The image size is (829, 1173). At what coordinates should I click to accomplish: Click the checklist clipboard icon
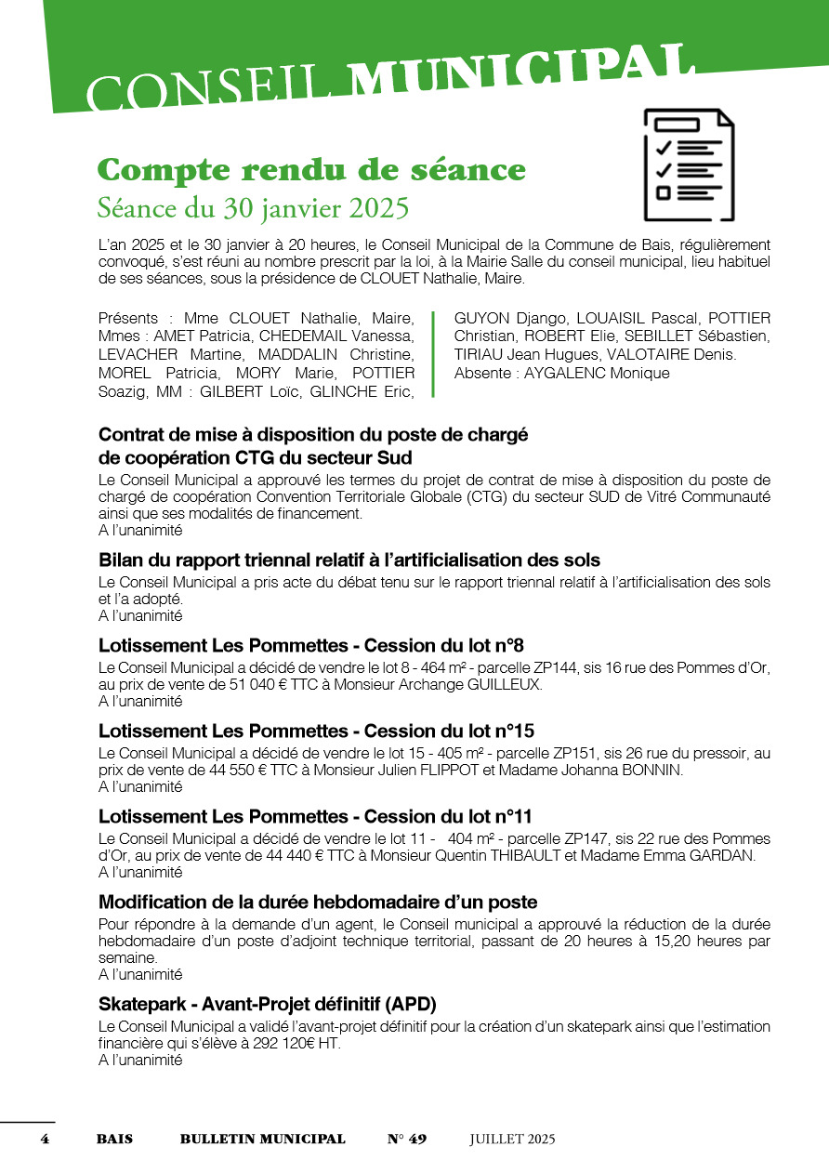(689, 165)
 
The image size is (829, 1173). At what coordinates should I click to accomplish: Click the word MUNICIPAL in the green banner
(525, 75)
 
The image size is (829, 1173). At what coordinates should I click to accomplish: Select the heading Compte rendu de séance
(311, 170)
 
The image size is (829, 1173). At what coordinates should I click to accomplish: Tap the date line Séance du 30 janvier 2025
(253, 208)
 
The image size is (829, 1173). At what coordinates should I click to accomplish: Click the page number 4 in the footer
(44, 1139)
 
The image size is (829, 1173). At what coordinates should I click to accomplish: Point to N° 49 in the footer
(406, 1139)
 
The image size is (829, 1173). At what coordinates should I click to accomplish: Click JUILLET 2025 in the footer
(512, 1139)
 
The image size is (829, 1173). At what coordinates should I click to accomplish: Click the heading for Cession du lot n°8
(312, 646)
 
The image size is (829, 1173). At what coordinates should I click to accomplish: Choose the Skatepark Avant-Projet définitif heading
(268, 1005)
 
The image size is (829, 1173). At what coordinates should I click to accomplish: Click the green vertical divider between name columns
(434, 355)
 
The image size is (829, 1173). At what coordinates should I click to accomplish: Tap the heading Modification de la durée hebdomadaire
(318, 903)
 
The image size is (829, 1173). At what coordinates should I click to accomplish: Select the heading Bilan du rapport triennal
(349, 560)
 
